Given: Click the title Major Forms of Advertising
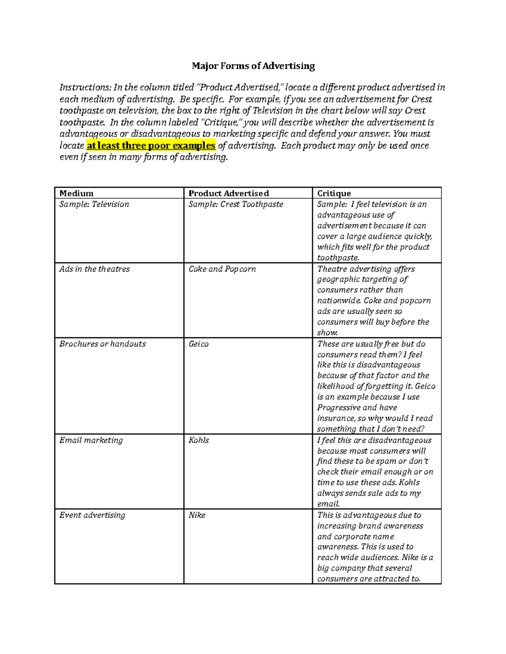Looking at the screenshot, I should tap(253, 66).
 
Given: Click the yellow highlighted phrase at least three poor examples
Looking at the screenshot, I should tap(151, 146).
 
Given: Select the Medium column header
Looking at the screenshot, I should tap(76, 193).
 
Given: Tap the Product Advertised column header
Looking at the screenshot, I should tap(229, 193).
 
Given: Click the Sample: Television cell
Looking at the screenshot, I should tap(94, 204).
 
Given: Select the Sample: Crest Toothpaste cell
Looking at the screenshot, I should tap(236, 204).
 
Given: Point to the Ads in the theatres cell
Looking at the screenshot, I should tap(94, 269).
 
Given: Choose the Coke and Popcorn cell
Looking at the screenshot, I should tap(222, 269).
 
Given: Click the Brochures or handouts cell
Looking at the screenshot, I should tap(102, 344).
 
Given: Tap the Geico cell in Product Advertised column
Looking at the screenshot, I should tap(199, 344).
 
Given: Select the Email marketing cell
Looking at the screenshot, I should tap(91, 440).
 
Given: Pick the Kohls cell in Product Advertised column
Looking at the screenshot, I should tap(199, 440).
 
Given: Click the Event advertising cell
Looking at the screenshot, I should tap(92, 515).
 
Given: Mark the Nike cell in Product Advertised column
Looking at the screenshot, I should tap(197, 515).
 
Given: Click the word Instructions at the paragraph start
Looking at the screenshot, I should tap(85, 88).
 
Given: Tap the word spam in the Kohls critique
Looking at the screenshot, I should tap(387, 461).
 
